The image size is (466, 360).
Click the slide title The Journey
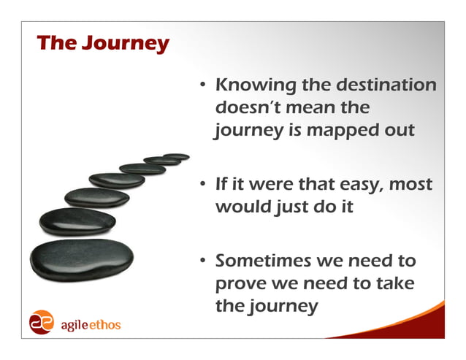pyautogui.click(x=102, y=44)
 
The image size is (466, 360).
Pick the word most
pyautogui.click(x=410, y=185)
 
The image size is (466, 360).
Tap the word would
pyautogui.click(x=242, y=207)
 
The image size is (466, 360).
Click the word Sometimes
pyautogui.click(x=268, y=261)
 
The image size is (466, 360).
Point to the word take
pyautogui.click(x=394, y=283)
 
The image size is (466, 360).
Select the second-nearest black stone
pyautogui.click(x=77, y=221)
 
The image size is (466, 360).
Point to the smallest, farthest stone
pyautogui.click(x=176, y=156)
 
